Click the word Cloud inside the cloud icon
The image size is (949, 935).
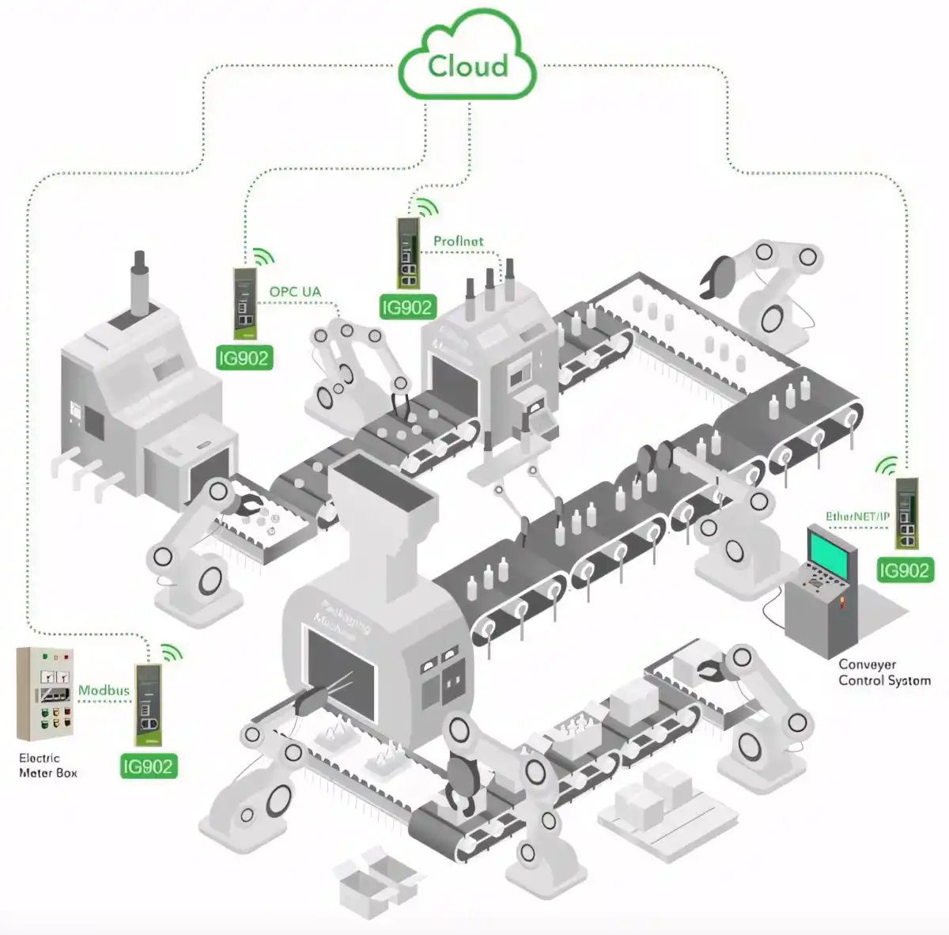(x=467, y=66)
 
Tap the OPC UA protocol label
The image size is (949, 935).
(x=295, y=292)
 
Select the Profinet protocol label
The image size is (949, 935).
(x=458, y=240)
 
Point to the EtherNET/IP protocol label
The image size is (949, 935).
(x=857, y=517)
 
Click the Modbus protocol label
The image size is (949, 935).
(x=104, y=691)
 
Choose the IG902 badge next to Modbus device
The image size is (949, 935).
(x=147, y=766)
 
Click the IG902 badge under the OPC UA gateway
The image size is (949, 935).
(x=244, y=358)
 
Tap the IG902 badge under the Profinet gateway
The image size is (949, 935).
(x=406, y=308)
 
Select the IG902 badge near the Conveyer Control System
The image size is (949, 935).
(x=904, y=570)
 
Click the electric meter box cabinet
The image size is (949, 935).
(x=46, y=693)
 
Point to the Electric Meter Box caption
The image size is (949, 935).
(x=47, y=765)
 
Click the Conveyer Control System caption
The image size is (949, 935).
(x=883, y=672)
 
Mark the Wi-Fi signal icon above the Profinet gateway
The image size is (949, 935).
(x=427, y=208)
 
